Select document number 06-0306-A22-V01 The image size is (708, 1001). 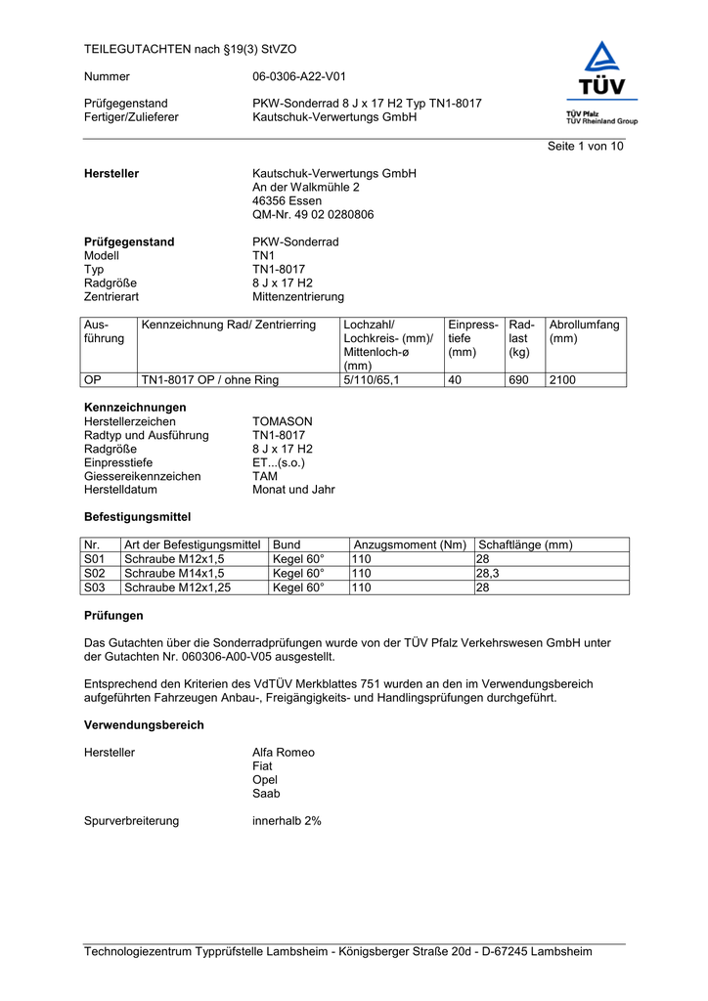298,76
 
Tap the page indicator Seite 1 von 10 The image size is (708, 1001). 584,147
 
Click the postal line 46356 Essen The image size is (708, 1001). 288,201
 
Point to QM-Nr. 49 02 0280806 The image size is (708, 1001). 313,215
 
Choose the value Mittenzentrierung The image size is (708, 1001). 298,297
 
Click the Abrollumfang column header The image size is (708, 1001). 585,331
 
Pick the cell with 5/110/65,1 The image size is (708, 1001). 372,380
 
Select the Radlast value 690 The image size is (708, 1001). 518,380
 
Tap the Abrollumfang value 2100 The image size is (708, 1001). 562,380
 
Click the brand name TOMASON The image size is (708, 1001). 283,421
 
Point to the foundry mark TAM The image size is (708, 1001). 265,476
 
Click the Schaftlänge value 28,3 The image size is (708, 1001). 487,573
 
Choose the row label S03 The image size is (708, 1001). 95,588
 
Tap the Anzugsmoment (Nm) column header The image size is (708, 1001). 410,544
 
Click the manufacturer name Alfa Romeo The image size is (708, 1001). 284,753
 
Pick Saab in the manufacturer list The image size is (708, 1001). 266,794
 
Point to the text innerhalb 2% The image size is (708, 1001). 287,821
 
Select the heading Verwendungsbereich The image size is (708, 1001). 145,725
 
